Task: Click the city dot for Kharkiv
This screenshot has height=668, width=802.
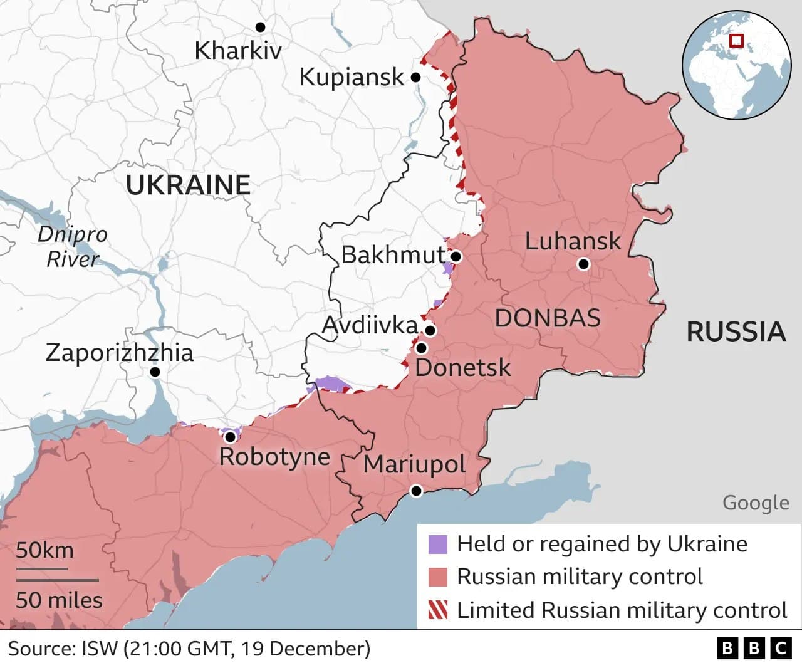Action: click(x=260, y=27)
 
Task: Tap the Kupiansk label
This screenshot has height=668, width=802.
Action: click(x=352, y=77)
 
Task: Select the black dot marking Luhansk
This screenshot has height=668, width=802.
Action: click(x=583, y=264)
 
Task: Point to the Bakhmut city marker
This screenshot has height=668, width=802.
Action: click(x=456, y=256)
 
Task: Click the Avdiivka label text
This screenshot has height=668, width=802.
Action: click(x=369, y=325)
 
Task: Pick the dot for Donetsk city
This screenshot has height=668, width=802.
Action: click(x=421, y=348)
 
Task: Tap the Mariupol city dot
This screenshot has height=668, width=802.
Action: click(x=416, y=491)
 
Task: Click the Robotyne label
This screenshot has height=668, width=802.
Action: click(x=274, y=456)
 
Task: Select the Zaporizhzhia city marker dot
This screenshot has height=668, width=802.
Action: click(x=155, y=372)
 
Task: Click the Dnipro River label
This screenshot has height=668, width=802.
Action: click(x=72, y=246)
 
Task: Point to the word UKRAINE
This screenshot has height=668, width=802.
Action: click(x=188, y=185)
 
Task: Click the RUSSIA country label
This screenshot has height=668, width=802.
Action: click(x=736, y=331)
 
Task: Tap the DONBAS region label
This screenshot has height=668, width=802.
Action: click(x=548, y=318)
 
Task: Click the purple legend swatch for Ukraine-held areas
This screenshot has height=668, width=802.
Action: click(x=438, y=544)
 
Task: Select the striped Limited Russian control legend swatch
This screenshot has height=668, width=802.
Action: click(x=438, y=610)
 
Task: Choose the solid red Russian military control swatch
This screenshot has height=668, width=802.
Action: click(x=438, y=577)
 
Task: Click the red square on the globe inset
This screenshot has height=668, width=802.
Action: click(x=737, y=41)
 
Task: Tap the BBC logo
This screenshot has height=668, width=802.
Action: click(x=754, y=648)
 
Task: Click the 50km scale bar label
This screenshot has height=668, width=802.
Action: click(x=44, y=550)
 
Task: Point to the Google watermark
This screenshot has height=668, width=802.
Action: click(x=756, y=503)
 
